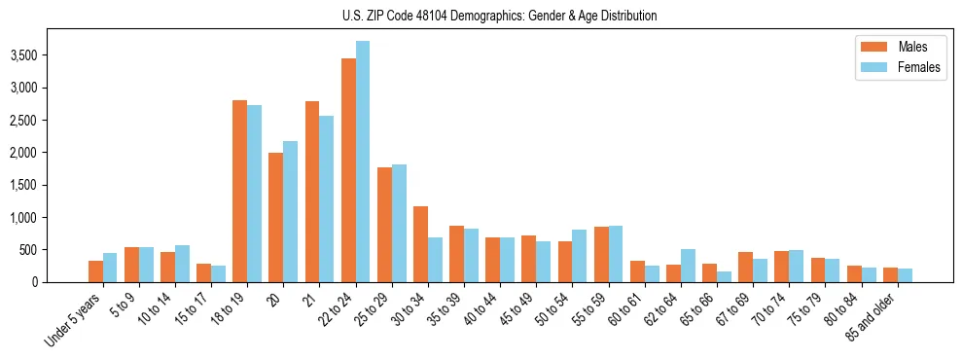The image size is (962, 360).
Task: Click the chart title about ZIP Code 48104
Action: [x=500, y=16]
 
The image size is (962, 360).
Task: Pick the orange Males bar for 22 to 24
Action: [x=348, y=170]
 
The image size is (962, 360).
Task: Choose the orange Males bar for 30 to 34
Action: [x=420, y=244]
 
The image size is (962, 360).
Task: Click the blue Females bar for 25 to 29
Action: [x=399, y=224]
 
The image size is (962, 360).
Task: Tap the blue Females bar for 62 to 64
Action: [x=688, y=266]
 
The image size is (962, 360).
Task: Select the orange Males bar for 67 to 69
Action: [x=745, y=268]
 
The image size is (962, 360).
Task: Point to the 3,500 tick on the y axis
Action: [x=23, y=55]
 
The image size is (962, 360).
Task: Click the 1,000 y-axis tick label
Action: [x=23, y=217]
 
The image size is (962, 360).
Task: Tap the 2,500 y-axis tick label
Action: [x=23, y=120]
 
